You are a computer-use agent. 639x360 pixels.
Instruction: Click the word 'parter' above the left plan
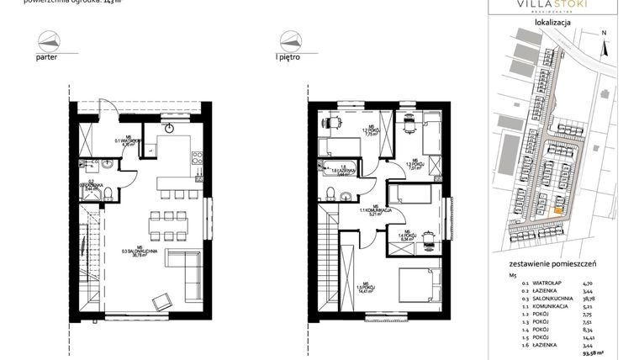(47, 59)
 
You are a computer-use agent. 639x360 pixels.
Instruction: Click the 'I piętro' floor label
(289, 59)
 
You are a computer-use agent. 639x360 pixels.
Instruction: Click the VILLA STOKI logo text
(552, 6)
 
